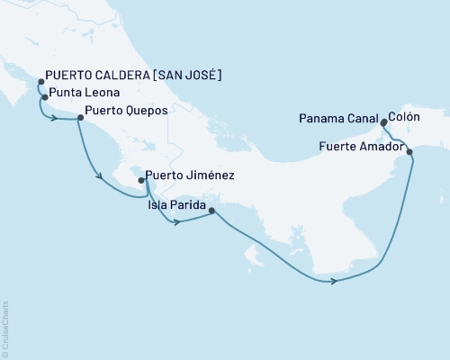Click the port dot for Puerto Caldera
pyautogui.click(x=40, y=82)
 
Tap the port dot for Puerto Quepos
pyautogui.click(x=79, y=117)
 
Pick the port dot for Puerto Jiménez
pyautogui.click(x=141, y=180)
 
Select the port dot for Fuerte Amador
pyautogui.click(x=410, y=152)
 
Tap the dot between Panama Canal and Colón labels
pyautogui.click(x=383, y=118)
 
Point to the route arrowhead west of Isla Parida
pyautogui.click(x=178, y=221)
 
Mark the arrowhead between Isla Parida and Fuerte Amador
pyautogui.click(x=334, y=282)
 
